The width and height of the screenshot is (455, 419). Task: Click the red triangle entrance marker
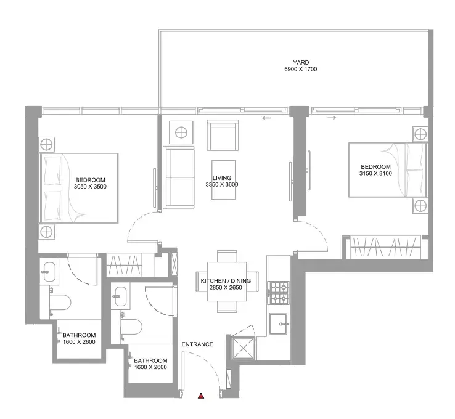click(x=201, y=396)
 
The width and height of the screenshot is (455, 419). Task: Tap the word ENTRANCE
click(x=197, y=344)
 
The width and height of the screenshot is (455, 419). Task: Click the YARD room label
click(x=301, y=62)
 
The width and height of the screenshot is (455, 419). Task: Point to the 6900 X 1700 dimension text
click(x=301, y=69)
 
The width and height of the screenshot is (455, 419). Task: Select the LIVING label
click(x=222, y=177)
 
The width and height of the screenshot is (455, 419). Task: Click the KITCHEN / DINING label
click(x=226, y=281)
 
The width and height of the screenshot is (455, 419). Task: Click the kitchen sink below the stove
click(x=279, y=324)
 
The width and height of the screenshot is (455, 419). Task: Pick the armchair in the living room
click(x=223, y=135)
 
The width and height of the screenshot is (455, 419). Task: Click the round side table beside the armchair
click(x=181, y=132)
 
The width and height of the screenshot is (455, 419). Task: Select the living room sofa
click(x=179, y=177)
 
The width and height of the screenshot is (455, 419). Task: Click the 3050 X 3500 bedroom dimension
click(x=90, y=187)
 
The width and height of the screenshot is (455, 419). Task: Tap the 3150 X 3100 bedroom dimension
click(x=375, y=173)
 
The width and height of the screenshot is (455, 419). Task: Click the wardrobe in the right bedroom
click(x=385, y=246)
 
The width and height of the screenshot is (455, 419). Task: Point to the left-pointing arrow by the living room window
click(x=266, y=118)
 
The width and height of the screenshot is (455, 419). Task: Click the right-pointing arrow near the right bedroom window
click(x=332, y=118)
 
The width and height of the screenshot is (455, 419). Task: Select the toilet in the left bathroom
click(x=60, y=302)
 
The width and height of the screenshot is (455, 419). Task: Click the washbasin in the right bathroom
click(x=121, y=296)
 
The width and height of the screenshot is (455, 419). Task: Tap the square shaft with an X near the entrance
click(x=243, y=348)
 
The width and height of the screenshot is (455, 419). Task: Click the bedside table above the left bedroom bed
click(x=46, y=144)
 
